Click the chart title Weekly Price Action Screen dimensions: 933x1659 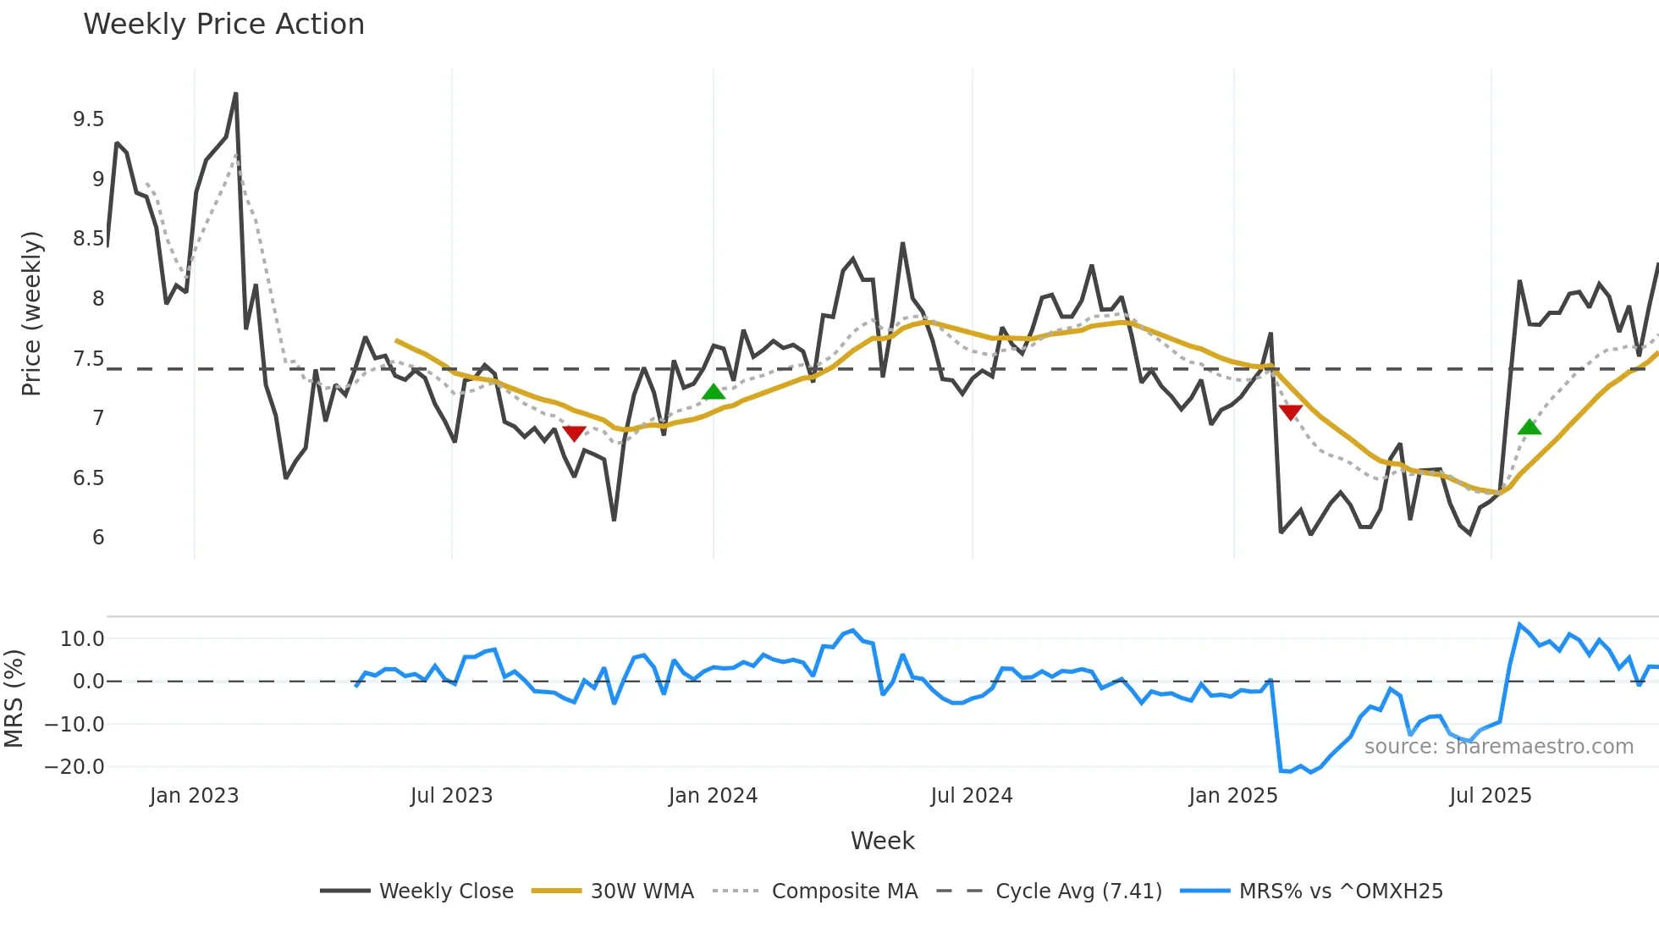223,25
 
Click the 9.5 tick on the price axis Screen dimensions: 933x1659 88,119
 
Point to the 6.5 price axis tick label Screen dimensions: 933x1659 88,478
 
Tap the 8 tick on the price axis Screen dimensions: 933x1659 98,299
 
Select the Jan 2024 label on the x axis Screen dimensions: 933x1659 713,796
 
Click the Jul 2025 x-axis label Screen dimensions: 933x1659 1490,796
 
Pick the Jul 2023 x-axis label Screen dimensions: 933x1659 451,796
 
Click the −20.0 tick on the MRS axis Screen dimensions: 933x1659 74,767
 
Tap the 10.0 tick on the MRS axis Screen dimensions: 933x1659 81,639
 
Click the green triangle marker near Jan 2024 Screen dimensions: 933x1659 714,392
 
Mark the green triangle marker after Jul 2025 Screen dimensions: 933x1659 1529,428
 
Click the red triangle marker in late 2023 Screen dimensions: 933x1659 574,433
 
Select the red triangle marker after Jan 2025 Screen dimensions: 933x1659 1290,412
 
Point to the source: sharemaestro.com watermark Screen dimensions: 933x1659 1498,747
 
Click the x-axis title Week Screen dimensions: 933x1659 882,841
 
